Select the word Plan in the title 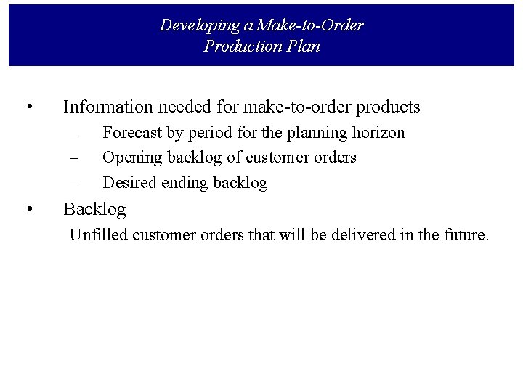(x=301, y=46)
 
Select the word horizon (x=378, y=133)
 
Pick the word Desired (x=129, y=183)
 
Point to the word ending (x=183, y=183)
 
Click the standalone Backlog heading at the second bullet (x=94, y=210)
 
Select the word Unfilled (x=99, y=235)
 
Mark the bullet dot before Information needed (x=28, y=107)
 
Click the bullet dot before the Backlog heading (x=28, y=210)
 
